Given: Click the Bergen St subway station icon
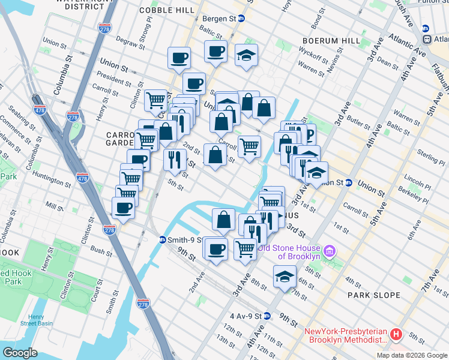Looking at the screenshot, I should tap(241, 19).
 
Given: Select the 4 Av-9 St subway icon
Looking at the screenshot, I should tap(267, 316).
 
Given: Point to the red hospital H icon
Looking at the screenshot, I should tap(396, 335).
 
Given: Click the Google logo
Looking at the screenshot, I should tap(20, 352).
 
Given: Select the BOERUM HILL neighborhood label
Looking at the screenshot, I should tap(318, 40).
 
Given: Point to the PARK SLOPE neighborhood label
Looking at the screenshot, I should tap(373, 295).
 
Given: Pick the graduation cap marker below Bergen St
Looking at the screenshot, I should tap(246, 56).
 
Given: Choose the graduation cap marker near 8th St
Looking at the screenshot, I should tap(285, 277).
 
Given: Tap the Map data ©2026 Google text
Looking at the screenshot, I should tap(411, 355).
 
